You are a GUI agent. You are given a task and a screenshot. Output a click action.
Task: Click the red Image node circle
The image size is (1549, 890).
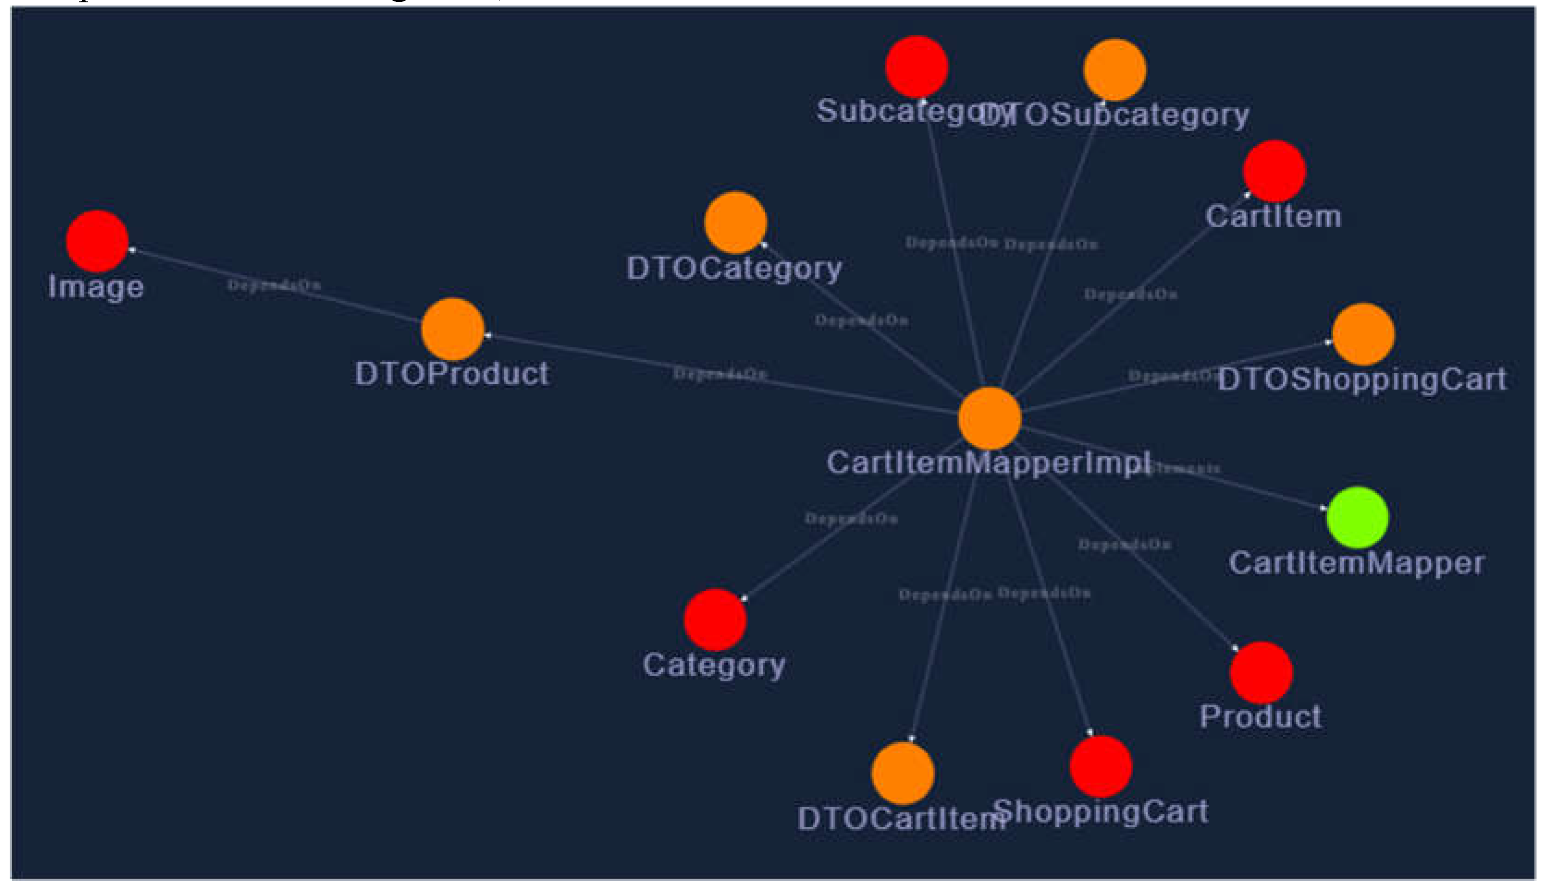97,241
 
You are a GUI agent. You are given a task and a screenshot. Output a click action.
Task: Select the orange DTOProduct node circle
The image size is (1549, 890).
452,329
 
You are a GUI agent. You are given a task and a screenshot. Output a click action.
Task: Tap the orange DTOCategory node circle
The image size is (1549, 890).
735,223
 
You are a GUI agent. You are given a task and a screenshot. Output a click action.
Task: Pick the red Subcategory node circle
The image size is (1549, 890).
916,67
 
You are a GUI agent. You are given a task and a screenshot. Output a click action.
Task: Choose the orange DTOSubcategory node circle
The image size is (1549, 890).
1114,70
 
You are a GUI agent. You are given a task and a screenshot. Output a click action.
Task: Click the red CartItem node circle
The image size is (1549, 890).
1275,171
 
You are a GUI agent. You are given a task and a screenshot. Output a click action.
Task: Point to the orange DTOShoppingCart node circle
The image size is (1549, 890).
1363,334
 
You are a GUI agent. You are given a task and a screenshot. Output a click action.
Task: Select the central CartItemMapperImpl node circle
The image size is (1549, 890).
989,418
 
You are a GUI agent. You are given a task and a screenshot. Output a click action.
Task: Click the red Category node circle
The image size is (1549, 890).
715,619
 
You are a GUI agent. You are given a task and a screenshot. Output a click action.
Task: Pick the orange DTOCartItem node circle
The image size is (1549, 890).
903,773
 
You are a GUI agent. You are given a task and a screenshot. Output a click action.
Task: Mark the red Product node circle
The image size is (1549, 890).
1261,672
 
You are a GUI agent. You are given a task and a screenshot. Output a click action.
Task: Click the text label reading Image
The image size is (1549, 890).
96,287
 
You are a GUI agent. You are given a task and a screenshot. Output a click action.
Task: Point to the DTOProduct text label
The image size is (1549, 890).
452,374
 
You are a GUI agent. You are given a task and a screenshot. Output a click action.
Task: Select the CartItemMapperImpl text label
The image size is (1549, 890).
988,463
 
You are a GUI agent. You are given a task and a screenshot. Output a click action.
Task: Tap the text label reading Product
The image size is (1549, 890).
1260,717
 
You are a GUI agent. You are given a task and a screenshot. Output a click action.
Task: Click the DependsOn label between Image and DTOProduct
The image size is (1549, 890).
274,285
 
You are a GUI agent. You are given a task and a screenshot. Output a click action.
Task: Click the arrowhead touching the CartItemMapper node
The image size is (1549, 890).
1323,507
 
